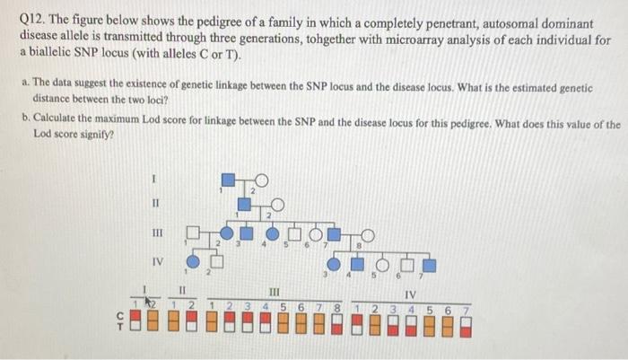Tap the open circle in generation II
(275, 204)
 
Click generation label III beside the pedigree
(157, 233)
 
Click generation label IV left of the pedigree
(157, 262)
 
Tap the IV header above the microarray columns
(411, 294)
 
